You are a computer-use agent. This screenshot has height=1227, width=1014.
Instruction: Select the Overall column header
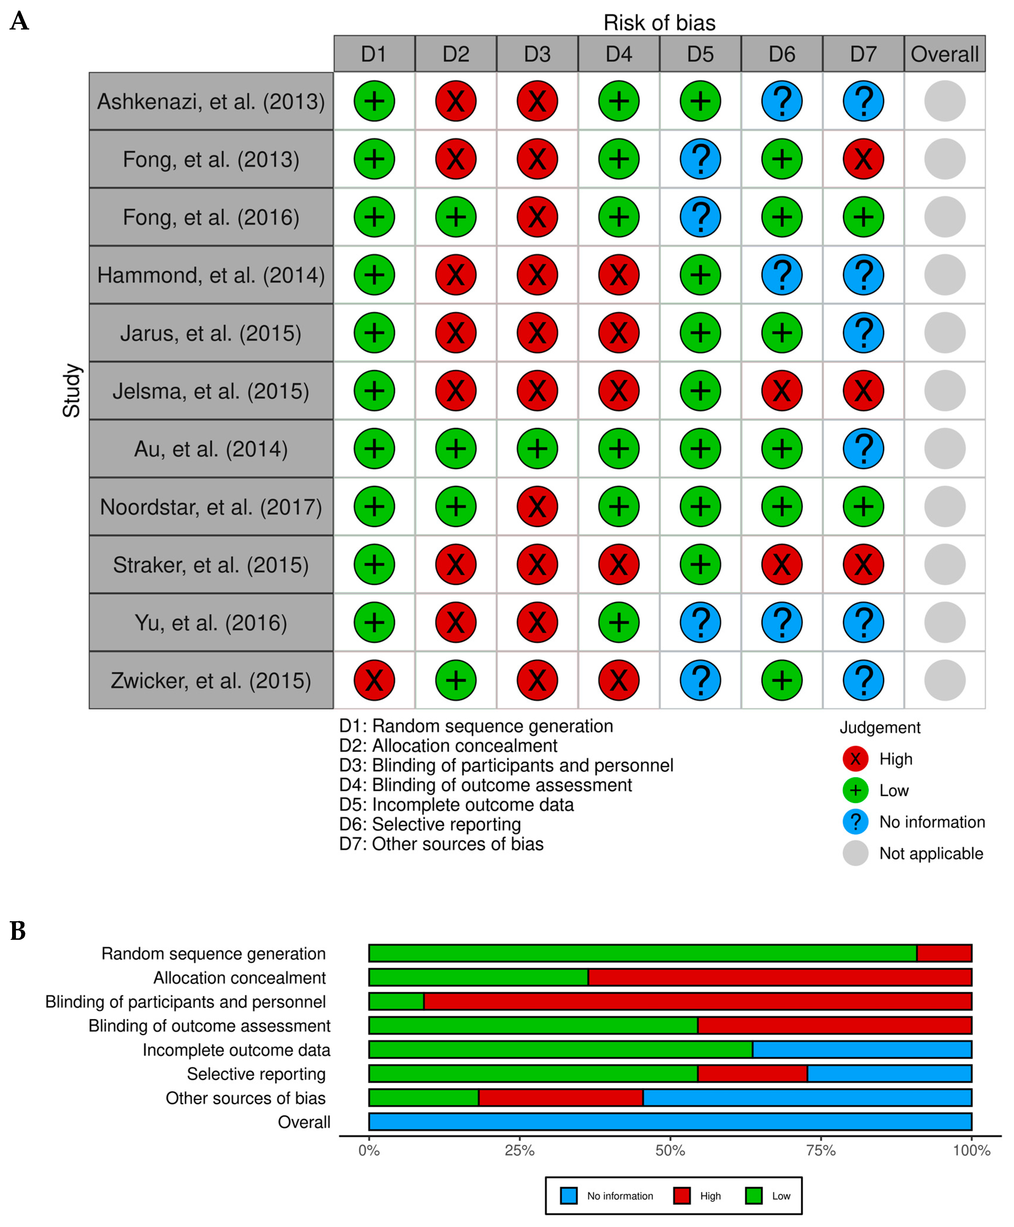coord(944,54)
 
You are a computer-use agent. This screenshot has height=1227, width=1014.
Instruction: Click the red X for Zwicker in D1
coord(374,680)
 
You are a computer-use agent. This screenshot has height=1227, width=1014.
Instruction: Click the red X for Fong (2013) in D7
coord(863,159)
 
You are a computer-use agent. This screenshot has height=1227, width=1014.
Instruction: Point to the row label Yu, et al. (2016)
coord(211,622)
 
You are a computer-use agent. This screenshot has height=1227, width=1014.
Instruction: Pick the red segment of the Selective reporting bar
coord(752,1074)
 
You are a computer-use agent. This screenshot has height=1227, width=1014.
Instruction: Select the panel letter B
coord(18,931)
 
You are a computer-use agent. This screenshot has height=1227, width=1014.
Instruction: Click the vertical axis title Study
coord(71,390)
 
